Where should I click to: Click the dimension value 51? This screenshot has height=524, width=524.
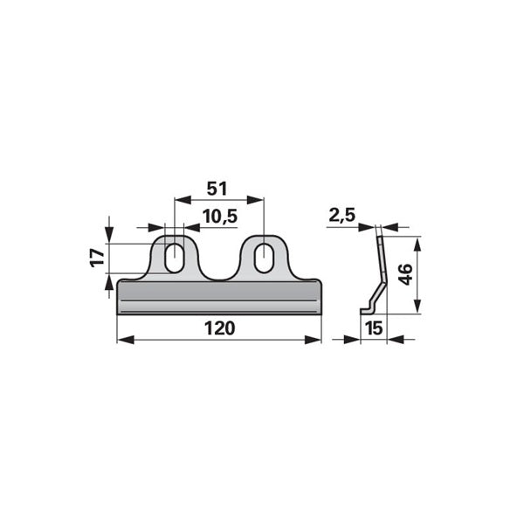(x=217, y=189)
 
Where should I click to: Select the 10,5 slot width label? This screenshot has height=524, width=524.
(x=220, y=217)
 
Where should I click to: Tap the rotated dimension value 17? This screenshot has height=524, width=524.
(x=98, y=257)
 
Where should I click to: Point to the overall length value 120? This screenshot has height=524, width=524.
(x=219, y=328)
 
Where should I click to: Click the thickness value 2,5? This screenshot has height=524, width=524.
(x=341, y=215)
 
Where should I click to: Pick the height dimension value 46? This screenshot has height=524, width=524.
(x=406, y=274)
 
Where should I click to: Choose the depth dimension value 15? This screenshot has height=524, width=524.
(x=374, y=328)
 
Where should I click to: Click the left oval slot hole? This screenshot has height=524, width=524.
(x=175, y=258)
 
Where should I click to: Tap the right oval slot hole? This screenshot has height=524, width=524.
(x=264, y=258)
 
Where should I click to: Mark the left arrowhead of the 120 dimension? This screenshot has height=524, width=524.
(x=125, y=341)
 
